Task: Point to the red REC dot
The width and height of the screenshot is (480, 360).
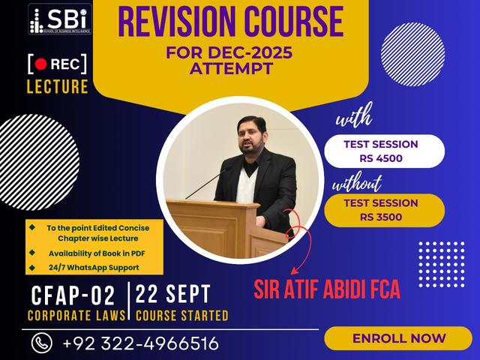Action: [43, 63]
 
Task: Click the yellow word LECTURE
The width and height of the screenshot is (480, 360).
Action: [57, 86]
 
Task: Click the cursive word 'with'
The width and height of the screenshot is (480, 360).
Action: [353, 120]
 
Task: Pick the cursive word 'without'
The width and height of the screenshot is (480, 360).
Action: [358, 182]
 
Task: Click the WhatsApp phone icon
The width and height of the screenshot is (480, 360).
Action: [41, 343]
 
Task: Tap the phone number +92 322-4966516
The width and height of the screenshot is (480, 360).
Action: [140, 343]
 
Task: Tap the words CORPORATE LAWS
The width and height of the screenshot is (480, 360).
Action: [76, 315]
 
